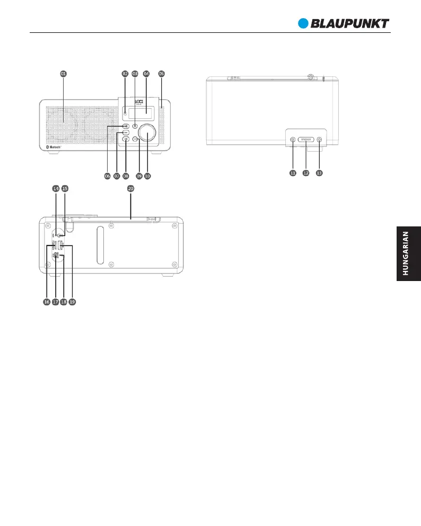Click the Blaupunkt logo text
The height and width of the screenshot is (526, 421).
coord(350,23)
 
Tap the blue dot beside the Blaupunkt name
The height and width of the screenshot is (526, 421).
coord(303,23)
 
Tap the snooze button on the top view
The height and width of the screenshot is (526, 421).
coord(306,139)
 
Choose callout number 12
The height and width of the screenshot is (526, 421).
coord(305,172)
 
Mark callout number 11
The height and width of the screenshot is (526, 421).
coord(292,172)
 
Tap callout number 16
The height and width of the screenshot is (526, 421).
coord(46,302)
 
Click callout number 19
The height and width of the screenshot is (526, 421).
coord(72,302)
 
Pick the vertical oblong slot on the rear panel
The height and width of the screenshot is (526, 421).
coord(99,244)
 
